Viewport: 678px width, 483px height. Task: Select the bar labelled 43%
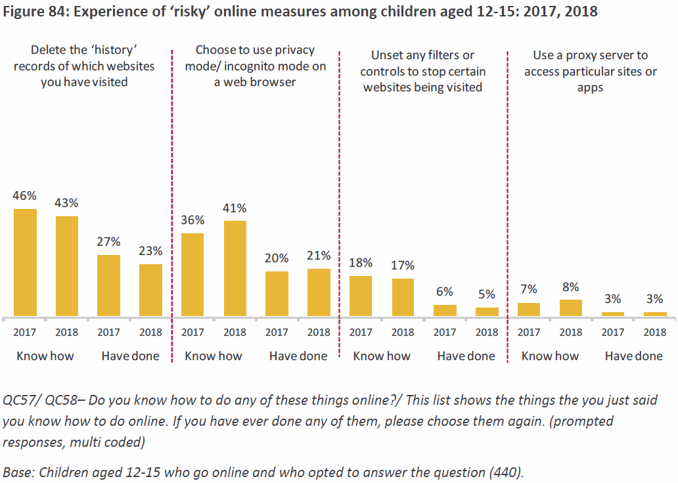point(67,266)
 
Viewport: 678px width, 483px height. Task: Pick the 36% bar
point(192,275)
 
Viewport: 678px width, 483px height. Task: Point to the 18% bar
point(361,296)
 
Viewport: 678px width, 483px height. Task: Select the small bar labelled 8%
point(571,308)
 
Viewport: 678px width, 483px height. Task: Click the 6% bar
point(445,310)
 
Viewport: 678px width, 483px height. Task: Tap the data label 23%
point(150,250)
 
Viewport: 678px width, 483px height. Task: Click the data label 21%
point(319,255)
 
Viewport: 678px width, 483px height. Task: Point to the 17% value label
point(403,265)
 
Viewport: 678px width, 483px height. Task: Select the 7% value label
point(529,288)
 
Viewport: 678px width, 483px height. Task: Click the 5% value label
point(487,294)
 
